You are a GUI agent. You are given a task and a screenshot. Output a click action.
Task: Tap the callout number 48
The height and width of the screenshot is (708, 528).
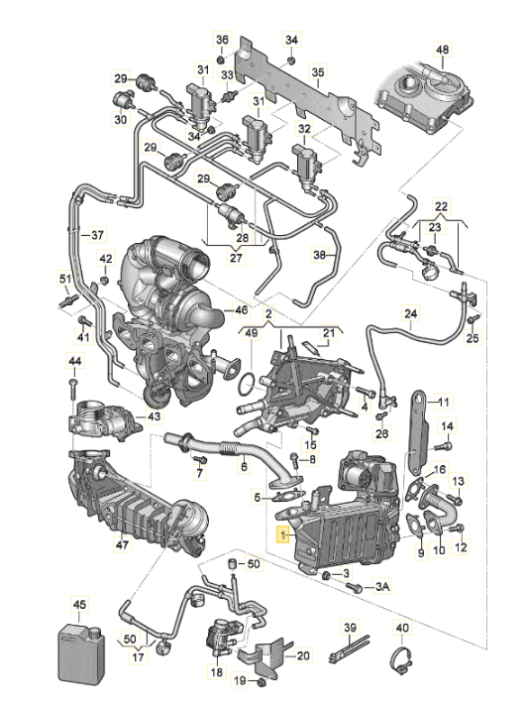pos(442,50)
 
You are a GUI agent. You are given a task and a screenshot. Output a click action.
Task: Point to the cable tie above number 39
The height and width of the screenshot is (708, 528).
pos(353,658)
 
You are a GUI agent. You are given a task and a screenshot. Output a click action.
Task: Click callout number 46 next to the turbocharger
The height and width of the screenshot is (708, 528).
pos(241,309)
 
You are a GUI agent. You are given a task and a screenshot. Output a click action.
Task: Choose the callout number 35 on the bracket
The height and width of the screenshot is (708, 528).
pos(318,71)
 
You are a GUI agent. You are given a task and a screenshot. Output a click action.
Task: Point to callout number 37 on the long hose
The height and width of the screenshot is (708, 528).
pos(95,235)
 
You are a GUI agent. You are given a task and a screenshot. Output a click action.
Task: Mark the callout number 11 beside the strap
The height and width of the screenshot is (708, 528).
pos(444,402)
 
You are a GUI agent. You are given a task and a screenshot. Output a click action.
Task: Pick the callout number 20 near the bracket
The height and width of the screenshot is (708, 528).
pos(303,654)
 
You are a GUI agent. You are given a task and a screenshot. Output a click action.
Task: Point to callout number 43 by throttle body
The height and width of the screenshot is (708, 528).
pos(153,416)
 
